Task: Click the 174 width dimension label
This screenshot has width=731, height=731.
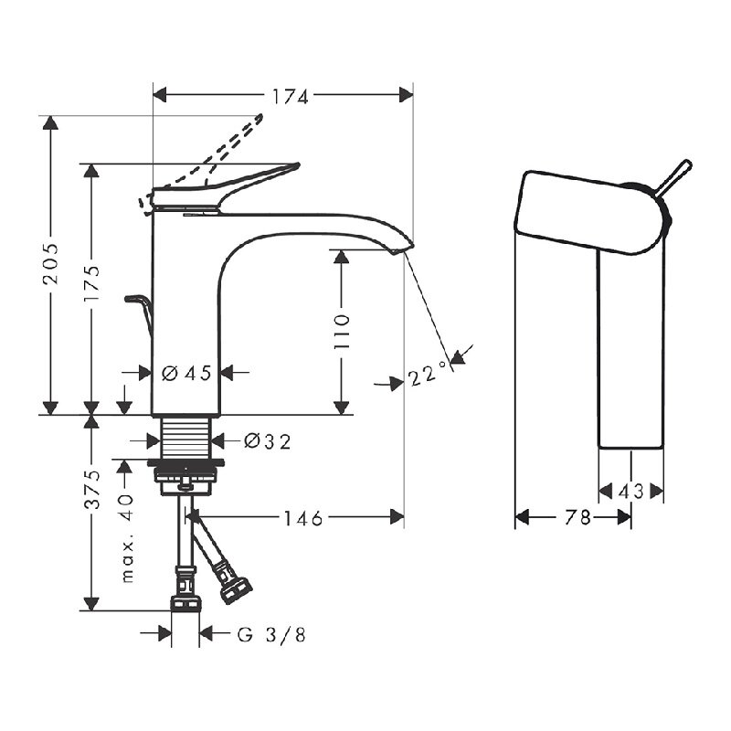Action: [290, 97]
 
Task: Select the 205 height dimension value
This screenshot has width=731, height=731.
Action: [50, 263]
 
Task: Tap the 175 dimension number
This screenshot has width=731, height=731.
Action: [91, 283]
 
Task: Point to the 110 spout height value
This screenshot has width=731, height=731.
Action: [341, 332]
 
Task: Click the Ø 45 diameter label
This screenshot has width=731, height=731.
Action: [186, 373]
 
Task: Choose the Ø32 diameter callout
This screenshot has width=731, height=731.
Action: [268, 441]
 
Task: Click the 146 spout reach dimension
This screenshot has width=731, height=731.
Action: [303, 518]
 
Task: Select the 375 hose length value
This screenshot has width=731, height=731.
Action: [91, 490]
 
